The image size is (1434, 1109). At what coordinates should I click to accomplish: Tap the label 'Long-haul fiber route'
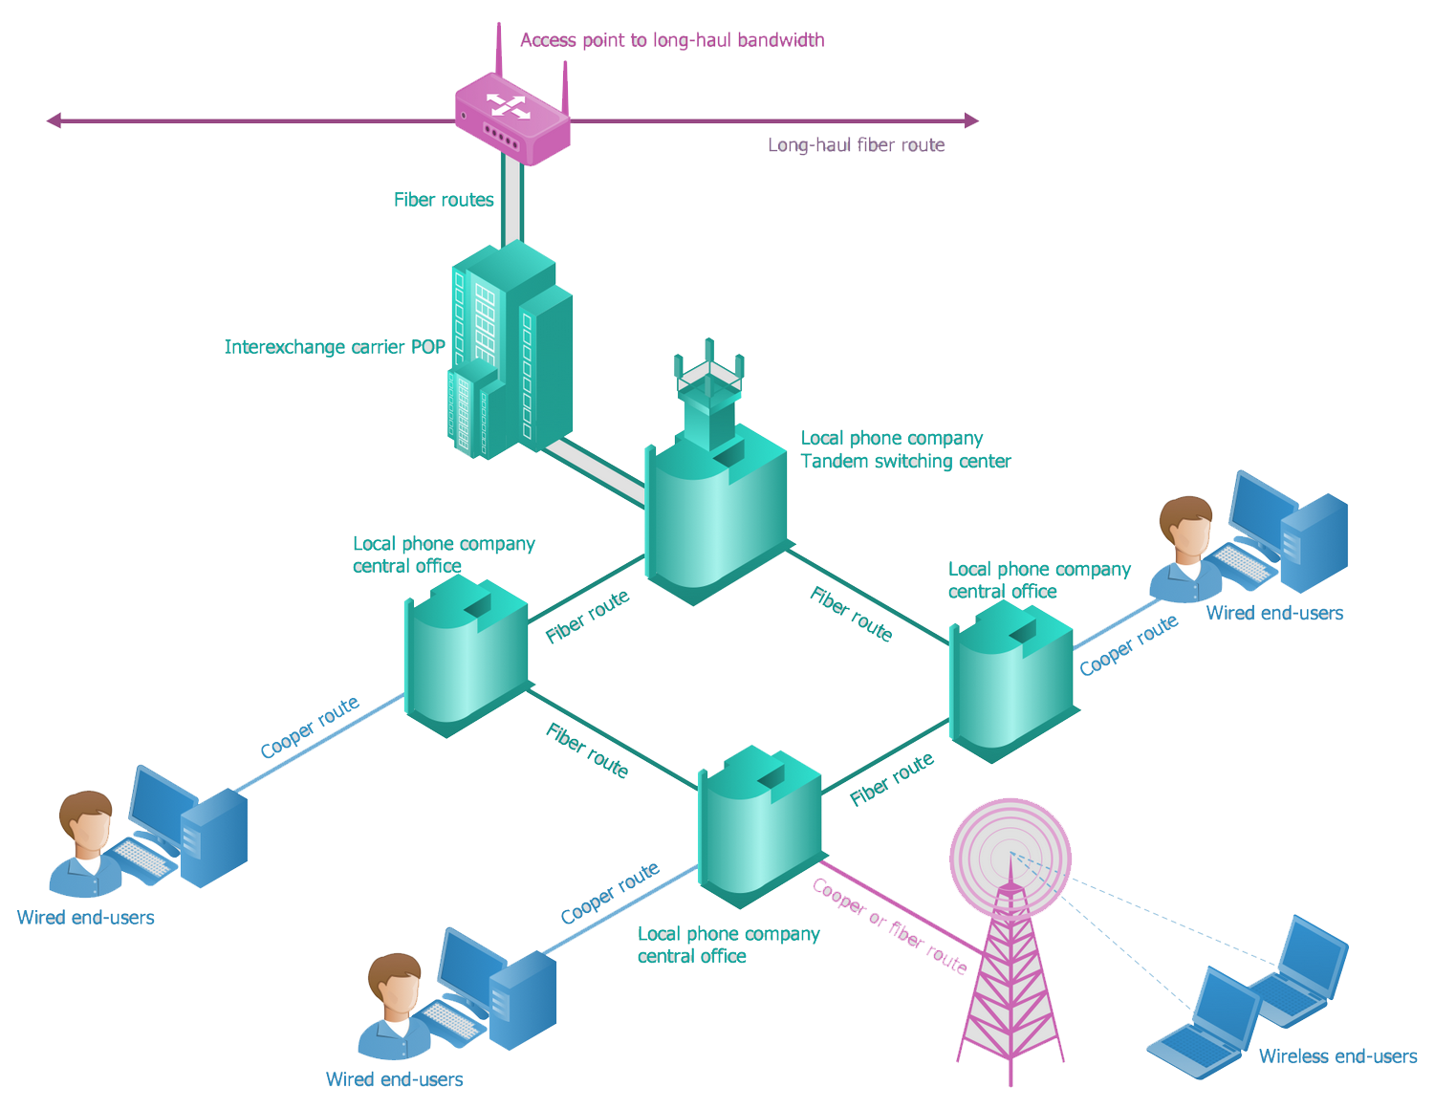[856, 145]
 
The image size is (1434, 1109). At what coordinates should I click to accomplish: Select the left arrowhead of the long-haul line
[54, 120]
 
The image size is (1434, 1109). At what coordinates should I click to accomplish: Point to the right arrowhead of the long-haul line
[971, 120]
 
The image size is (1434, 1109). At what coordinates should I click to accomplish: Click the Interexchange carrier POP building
[511, 349]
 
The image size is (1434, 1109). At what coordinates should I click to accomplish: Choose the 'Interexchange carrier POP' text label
[335, 347]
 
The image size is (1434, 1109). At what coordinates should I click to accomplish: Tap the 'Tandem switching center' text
[905, 462]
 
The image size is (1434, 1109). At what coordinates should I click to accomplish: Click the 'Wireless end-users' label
[1337, 1056]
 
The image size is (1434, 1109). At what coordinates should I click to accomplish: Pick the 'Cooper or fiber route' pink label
[889, 925]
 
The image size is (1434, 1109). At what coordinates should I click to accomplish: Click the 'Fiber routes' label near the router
[444, 200]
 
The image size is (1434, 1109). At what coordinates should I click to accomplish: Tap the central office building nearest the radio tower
[760, 827]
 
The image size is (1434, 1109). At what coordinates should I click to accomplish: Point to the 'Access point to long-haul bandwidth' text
[672, 40]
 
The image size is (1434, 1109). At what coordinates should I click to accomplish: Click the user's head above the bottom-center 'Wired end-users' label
[393, 985]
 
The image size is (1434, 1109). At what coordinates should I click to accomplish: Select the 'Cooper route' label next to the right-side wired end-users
[1128, 645]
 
